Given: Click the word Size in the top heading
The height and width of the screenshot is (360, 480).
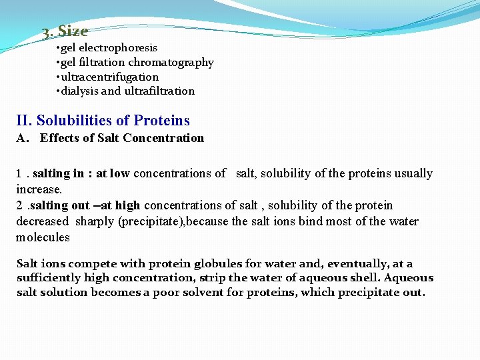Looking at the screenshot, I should click(x=73, y=31).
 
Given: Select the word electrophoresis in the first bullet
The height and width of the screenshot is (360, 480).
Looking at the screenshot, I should click(x=118, y=48).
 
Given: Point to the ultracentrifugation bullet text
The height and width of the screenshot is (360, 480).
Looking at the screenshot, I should click(x=110, y=77).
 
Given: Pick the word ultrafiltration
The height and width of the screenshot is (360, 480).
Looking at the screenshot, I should click(x=159, y=91).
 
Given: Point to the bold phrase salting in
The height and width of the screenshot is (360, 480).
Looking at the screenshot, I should click(x=59, y=173).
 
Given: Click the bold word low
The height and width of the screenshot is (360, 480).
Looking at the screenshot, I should click(x=120, y=173).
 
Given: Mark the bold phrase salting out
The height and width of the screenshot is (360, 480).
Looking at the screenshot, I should click(x=61, y=205).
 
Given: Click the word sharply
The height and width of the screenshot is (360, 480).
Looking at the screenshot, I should click(x=95, y=221).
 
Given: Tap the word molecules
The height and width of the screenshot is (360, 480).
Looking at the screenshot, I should click(x=43, y=237).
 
